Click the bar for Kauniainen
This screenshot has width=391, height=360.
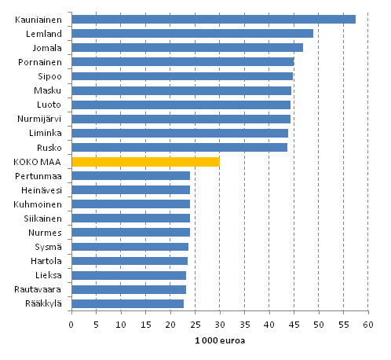pyautogui.click(x=212, y=19)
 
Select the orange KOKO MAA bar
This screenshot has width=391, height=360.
pyautogui.click(x=145, y=162)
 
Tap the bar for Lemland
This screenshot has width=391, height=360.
pyautogui.click(x=192, y=33)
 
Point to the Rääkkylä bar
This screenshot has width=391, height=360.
pyautogui.click(x=127, y=303)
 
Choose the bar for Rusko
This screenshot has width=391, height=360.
pyautogui.click(x=179, y=147)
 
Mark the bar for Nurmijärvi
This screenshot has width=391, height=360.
pyautogui.click(x=181, y=119)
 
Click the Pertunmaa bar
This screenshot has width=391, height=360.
pyautogui.click(x=130, y=175)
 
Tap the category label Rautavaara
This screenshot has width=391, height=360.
pyautogui.click(x=44, y=289)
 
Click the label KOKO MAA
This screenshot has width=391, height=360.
pyautogui.click(x=45, y=162)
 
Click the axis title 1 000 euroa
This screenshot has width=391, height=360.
pyautogui.click(x=218, y=340)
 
